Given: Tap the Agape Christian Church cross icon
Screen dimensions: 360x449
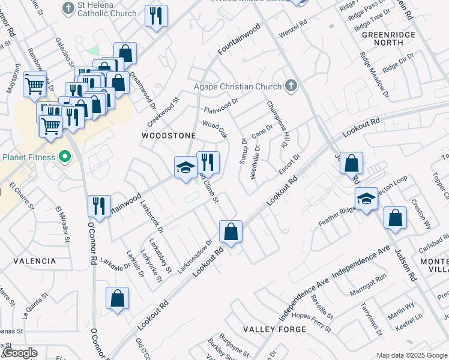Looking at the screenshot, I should [291, 86].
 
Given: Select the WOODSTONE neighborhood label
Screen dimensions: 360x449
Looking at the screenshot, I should [169, 136].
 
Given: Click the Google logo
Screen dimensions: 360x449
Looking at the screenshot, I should [19, 353].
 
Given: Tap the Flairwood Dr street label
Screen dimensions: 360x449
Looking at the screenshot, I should [221, 106].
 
